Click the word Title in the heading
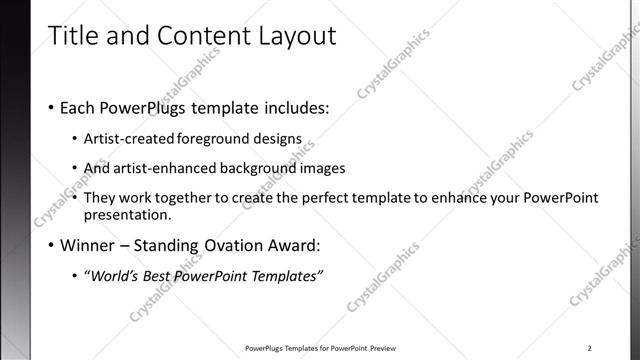(x=73, y=36)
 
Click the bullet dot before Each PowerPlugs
(x=51, y=107)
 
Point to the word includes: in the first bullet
(x=295, y=107)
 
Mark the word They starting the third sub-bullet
(x=101, y=198)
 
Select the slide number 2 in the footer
(x=590, y=348)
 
